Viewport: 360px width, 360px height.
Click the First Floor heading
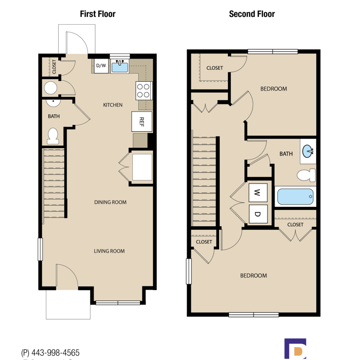[98, 14]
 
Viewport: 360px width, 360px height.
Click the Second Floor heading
[252, 14]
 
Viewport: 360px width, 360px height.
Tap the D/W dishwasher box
[101, 66]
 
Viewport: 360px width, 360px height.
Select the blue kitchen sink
[120, 67]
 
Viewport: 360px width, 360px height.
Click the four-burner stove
[143, 91]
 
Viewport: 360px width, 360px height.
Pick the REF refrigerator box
[141, 121]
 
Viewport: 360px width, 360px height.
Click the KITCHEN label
[113, 105]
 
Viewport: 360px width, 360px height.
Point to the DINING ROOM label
[111, 202]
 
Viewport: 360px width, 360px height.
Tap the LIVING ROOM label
[109, 251]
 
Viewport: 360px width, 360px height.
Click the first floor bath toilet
[53, 136]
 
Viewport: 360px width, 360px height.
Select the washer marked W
[258, 192]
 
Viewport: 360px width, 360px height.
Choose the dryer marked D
[258, 214]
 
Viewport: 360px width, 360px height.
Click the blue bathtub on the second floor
[295, 196]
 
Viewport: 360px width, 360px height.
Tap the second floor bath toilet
[307, 175]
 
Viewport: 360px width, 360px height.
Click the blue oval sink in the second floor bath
[308, 151]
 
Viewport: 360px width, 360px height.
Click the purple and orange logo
[295, 349]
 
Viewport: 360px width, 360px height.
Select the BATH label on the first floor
[53, 116]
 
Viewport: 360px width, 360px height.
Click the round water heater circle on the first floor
[50, 88]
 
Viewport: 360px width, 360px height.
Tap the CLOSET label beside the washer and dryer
[295, 225]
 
